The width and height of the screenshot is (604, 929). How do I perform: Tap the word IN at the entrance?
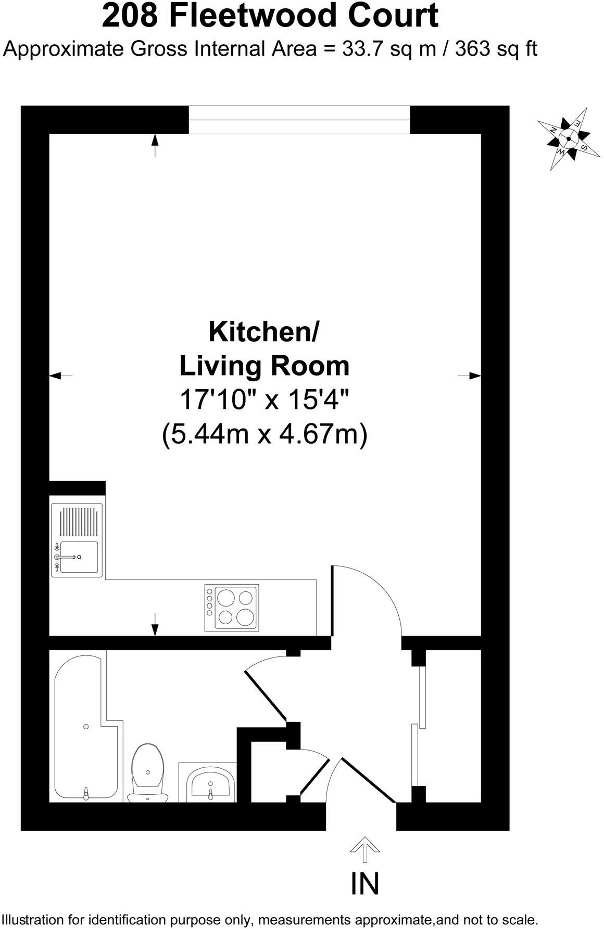click(x=365, y=883)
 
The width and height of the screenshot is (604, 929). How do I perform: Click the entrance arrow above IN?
click(x=364, y=851)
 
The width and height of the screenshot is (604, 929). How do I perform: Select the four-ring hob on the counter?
click(x=232, y=608)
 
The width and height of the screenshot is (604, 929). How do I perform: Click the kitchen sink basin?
click(x=79, y=557)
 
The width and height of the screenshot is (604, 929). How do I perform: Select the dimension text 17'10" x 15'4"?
click(x=263, y=400)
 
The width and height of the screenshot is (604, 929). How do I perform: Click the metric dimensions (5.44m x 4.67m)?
click(x=265, y=434)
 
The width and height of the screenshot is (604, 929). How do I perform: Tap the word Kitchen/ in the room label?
click(x=263, y=332)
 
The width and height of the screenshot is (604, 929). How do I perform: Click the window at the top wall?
click(x=299, y=120)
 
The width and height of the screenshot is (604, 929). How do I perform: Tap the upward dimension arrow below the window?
click(x=155, y=145)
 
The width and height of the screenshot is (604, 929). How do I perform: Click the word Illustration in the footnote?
click(x=31, y=919)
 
